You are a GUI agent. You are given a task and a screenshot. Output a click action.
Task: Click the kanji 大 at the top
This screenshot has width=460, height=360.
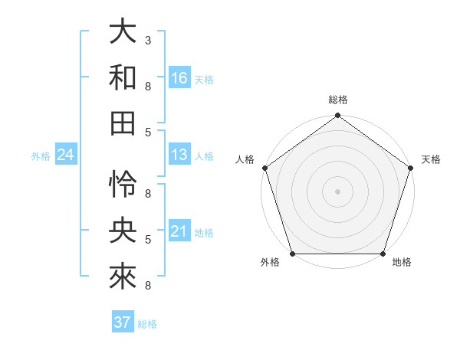[x=123, y=34]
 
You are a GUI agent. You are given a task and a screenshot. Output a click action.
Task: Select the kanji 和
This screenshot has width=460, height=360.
[x=123, y=77]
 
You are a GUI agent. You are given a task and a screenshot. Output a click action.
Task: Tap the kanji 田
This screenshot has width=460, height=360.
[x=123, y=123]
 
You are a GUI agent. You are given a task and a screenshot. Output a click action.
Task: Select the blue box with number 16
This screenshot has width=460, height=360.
[x=179, y=78]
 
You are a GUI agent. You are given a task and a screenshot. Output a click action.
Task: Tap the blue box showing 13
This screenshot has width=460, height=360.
[x=179, y=155]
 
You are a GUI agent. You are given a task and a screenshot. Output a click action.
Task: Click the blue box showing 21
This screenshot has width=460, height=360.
[x=179, y=231]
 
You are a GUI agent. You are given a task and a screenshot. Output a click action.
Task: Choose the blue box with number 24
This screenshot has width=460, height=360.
[x=66, y=155]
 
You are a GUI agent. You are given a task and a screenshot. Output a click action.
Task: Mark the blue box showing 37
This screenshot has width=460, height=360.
[x=123, y=322]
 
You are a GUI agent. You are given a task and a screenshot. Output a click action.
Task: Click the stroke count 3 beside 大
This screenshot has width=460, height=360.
[x=147, y=40]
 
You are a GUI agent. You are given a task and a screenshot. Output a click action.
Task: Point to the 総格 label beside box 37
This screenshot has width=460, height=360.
[x=147, y=324]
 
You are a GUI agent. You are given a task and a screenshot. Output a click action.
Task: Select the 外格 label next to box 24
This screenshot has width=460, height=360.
[x=41, y=156]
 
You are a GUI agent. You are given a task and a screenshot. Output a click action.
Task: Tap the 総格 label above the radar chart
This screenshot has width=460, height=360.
[x=338, y=100]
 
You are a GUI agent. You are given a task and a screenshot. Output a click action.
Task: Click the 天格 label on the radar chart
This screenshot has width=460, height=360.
[x=431, y=159]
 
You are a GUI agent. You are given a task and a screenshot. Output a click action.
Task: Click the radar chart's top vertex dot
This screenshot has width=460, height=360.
[x=337, y=116]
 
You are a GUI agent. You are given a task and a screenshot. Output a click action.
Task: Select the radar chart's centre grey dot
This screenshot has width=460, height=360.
[x=337, y=191]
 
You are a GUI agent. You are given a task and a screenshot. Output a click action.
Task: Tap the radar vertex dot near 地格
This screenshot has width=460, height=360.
[x=383, y=254]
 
